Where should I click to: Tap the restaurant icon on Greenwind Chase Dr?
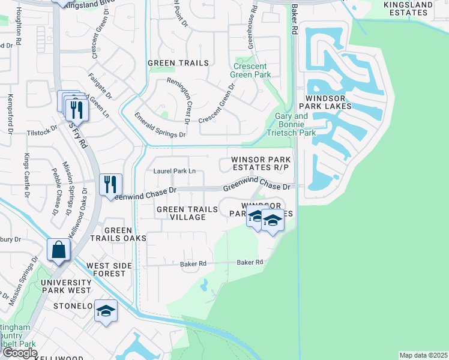click(x=110, y=184)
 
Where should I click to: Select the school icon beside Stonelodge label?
click(x=106, y=311)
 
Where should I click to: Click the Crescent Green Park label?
click(x=251, y=70)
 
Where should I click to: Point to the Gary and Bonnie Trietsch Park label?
click(x=295, y=124)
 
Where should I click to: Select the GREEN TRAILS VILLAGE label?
click(x=187, y=213)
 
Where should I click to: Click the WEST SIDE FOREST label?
click(x=106, y=269)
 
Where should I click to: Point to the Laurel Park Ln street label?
click(x=175, y=171)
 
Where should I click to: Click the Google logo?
click(x=20, y=353)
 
